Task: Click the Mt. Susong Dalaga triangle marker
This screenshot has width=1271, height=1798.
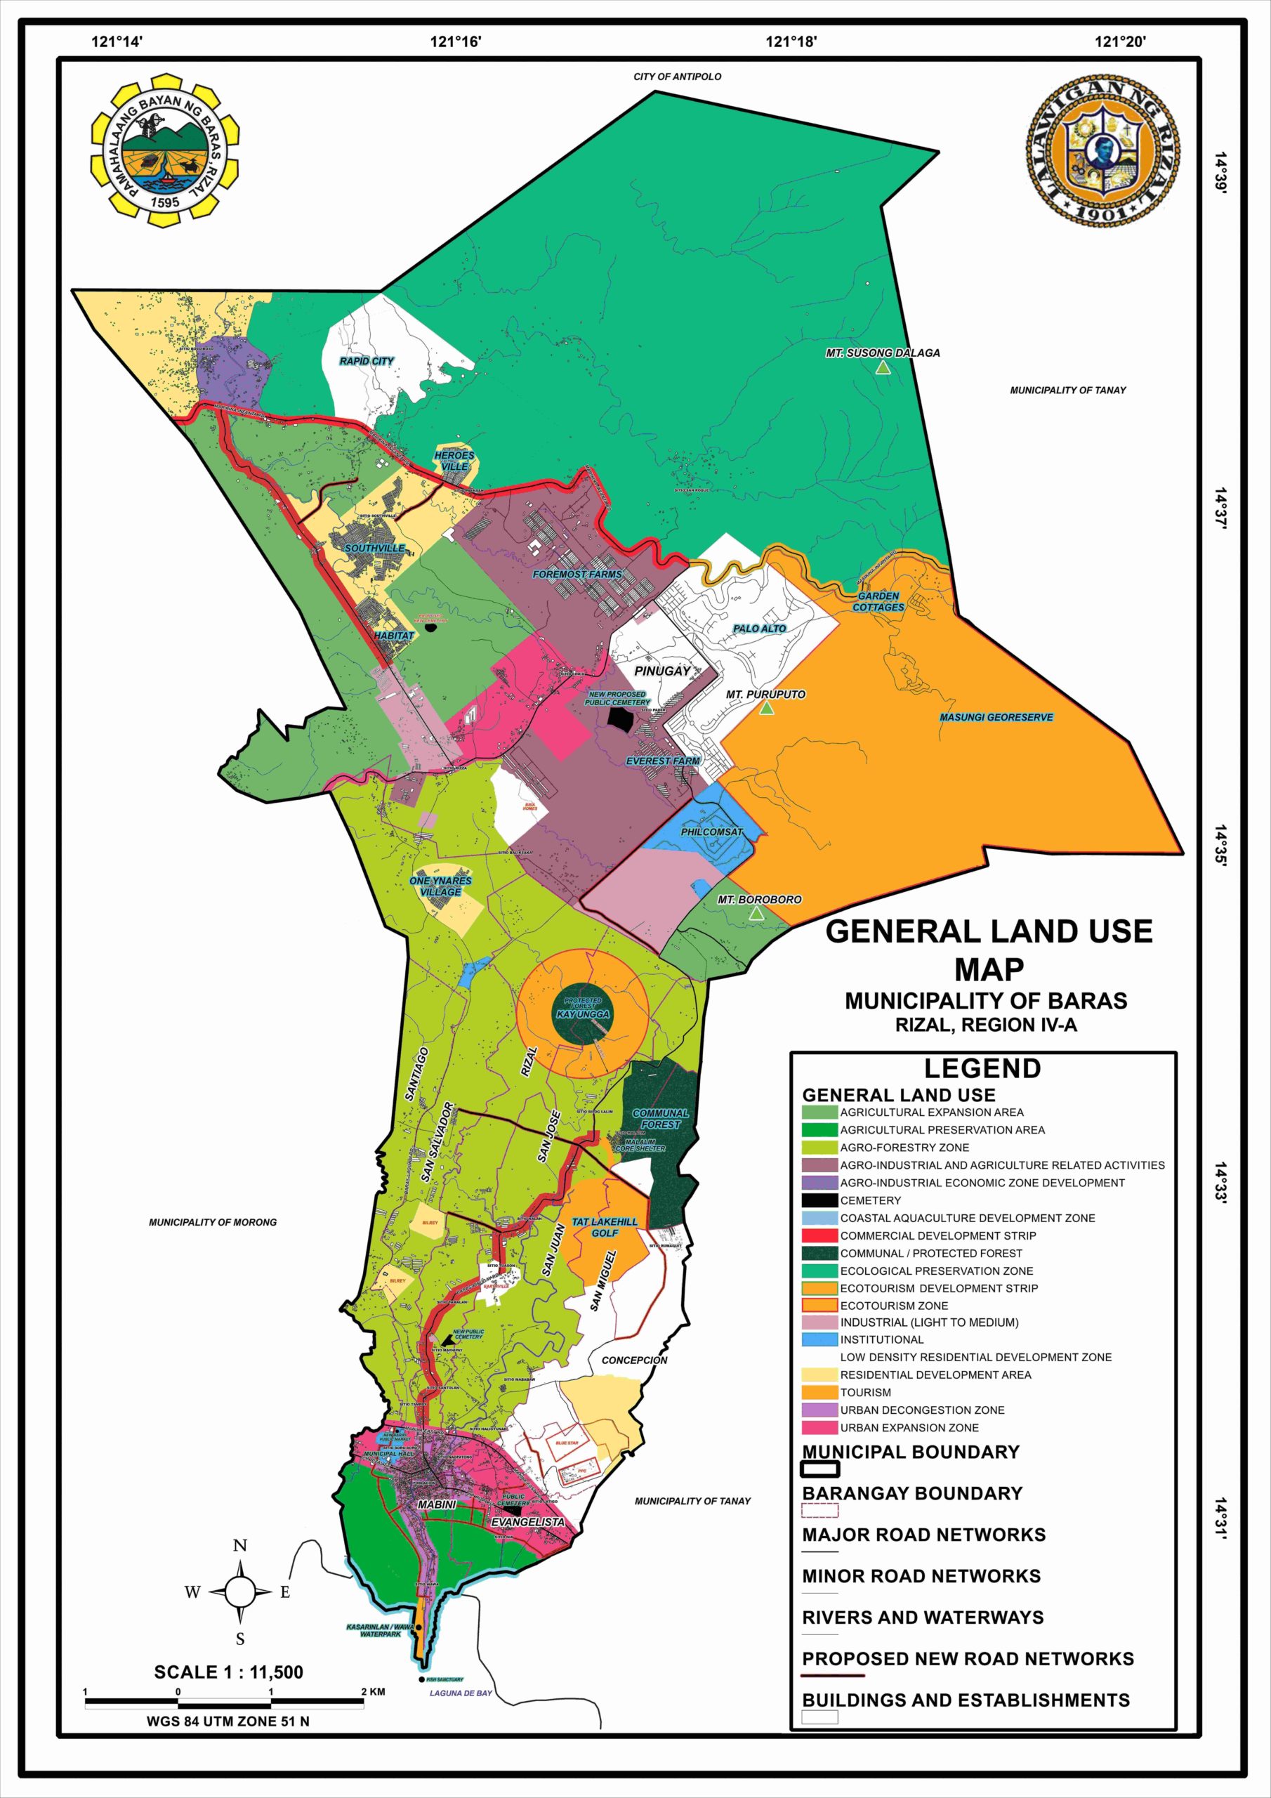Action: click(883, 367)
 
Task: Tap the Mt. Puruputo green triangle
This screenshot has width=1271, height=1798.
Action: click(767, 708)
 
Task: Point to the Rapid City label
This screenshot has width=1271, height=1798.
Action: click(367, 361)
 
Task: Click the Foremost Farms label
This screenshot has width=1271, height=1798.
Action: click(577, 574)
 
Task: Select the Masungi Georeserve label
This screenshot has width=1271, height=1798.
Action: click(996, 717)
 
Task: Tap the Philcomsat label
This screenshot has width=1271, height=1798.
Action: click(711, 832)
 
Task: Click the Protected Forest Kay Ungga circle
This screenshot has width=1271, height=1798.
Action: click(583, 1010)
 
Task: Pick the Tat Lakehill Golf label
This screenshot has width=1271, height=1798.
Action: click(605, 1227)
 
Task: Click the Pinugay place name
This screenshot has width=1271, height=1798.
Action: click(662, 671)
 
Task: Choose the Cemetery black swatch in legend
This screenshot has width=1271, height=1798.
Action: click(819, 1200)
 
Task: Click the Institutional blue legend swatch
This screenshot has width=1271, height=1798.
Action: click(819, 1340)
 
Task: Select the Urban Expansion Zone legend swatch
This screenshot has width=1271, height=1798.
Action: click(819, 1428)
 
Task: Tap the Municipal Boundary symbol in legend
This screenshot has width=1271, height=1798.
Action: click(821, 1469)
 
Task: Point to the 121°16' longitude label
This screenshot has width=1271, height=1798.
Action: click(456, 41)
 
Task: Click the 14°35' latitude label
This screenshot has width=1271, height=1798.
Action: click(1220, 844)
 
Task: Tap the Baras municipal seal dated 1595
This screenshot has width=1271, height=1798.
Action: click(165, 150)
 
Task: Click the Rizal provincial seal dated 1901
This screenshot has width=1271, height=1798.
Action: click(1103, 150)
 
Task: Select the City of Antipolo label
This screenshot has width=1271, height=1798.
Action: click(678, 77)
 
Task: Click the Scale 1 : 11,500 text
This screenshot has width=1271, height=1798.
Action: click(228, 1672)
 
